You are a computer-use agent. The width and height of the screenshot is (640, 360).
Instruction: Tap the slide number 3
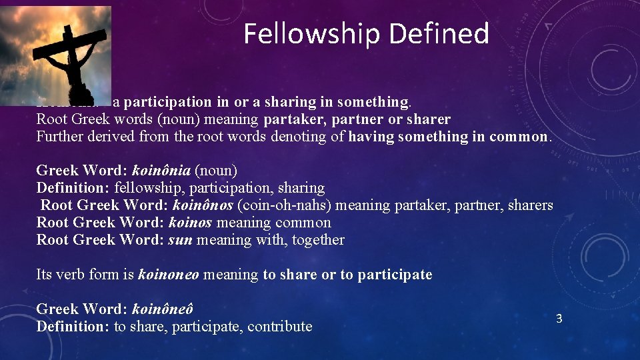pos(559,319)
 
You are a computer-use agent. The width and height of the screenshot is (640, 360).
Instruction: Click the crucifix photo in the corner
pos(55,55)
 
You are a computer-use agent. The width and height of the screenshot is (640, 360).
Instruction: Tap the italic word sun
pos(180,240)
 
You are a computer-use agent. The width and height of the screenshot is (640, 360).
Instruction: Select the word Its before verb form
pos(44,275)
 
